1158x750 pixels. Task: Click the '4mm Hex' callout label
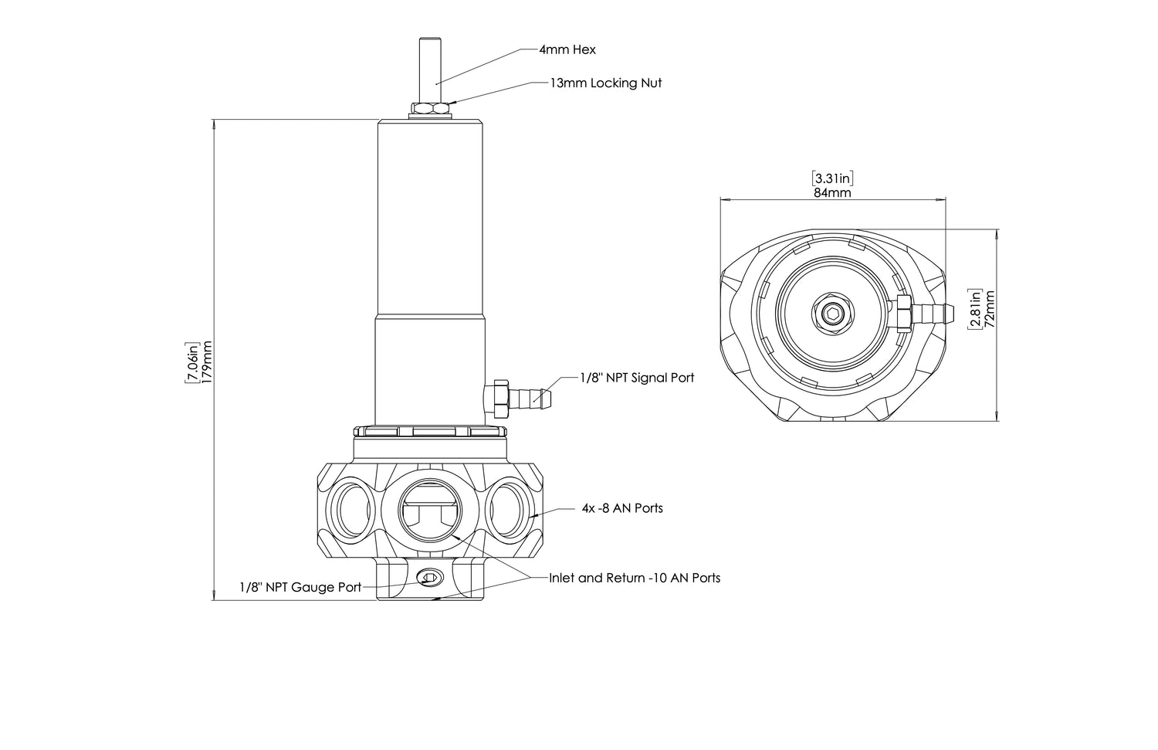click(x=567, y=50)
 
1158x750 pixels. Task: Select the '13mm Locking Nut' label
click(x=605, y=83)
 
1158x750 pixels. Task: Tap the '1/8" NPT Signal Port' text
click(x=637, y=378)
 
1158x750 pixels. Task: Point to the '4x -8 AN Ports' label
click(x=622, y=508)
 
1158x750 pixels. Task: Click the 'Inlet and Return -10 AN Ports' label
click(x=635, y=578)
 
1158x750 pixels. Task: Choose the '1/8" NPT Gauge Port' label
click(x=300, y=587)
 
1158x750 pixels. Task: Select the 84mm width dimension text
click(x=832, y=193)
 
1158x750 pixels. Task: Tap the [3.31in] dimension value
click(x=832, y=178)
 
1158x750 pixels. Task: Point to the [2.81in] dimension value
click(x=976, y=308)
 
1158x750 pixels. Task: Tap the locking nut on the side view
click(x=430, y=108)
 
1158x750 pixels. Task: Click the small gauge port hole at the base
click(x=429, y=577)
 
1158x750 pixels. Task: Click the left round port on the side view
click(x=351, y=509)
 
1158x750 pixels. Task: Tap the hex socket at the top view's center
click(x=832, y=313)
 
